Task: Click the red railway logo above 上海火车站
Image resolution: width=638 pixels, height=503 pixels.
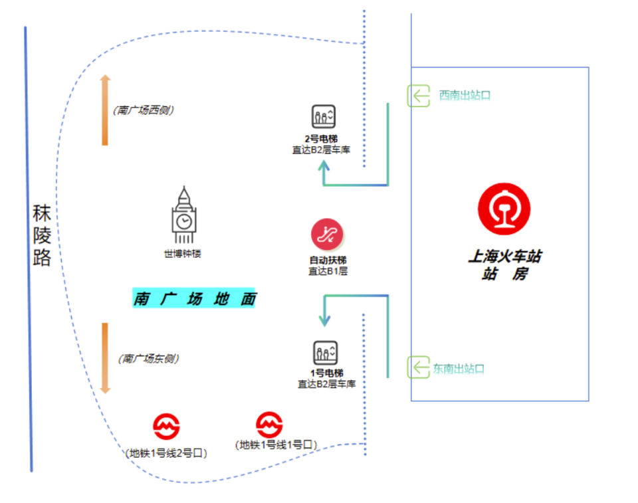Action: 504,209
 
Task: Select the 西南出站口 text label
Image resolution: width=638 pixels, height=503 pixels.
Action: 465,96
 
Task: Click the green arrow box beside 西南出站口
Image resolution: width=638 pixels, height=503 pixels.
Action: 419,96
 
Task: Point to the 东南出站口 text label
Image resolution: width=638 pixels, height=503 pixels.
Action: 459,368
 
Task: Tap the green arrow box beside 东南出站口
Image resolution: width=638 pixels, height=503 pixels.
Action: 419,367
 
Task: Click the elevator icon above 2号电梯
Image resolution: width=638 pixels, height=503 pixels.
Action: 324,117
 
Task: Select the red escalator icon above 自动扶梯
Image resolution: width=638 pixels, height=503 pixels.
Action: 327,234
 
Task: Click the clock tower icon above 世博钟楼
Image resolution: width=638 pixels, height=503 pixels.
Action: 184,217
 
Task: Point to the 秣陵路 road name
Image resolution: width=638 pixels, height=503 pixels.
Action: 42,236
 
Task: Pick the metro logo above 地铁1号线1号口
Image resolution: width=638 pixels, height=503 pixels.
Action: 270,423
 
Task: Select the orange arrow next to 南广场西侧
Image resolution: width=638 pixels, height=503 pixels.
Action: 105,110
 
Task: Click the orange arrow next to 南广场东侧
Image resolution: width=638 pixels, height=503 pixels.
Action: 105,358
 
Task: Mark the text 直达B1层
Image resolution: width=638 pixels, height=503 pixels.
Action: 328,271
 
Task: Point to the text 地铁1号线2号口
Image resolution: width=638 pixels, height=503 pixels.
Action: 167,453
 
